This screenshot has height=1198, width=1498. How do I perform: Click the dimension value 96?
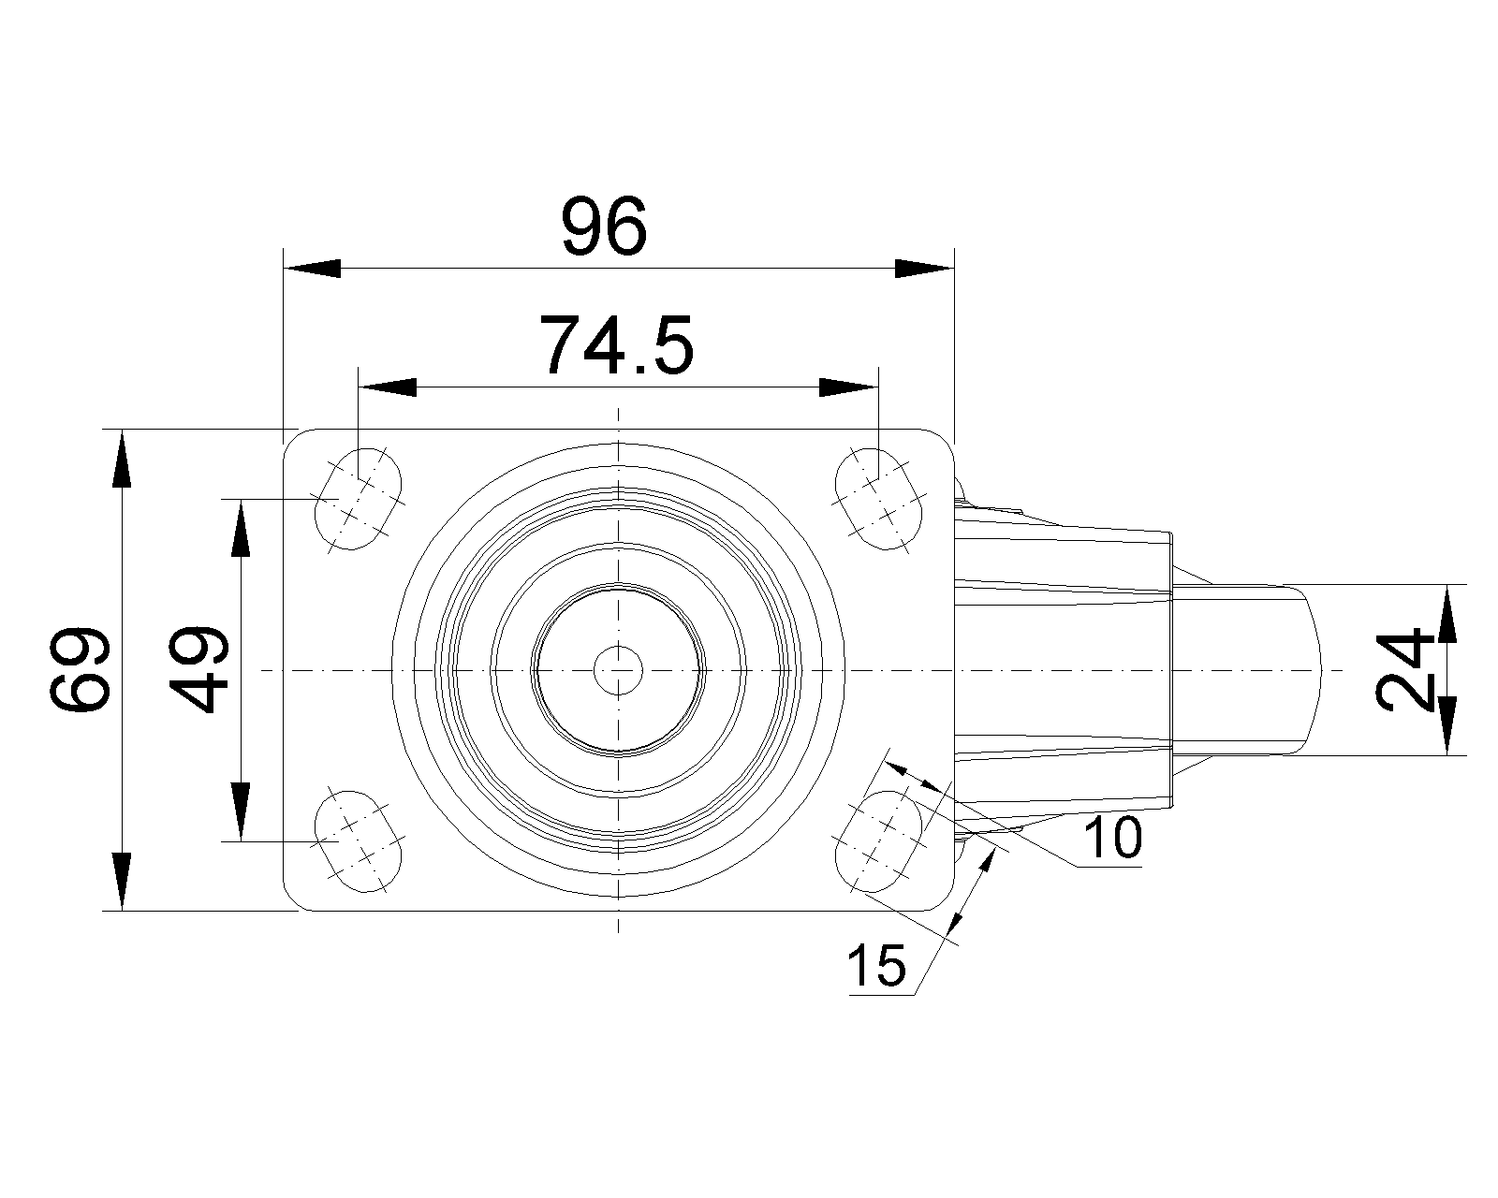point(604,226)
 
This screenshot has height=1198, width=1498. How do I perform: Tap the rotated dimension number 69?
point(80,669)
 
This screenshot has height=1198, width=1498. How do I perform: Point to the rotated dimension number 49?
point(198,669)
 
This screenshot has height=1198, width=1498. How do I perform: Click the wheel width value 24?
point(1404,670)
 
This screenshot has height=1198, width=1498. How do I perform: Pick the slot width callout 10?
point(1113,838)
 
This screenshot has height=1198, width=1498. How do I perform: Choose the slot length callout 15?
point(877,966)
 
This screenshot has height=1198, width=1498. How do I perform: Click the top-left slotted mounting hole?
point(359,499)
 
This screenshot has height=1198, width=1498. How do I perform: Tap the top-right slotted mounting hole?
point(878,499)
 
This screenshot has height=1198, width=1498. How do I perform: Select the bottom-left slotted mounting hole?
point(359,840)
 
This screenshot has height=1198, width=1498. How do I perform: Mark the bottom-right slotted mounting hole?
point(878,840)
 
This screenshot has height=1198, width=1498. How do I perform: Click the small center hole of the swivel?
point(618,670)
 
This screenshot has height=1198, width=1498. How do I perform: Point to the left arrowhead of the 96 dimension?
point(312,268)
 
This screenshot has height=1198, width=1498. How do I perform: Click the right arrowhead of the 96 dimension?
point(924,268)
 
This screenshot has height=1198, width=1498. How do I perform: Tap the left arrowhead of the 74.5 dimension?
point(387,387)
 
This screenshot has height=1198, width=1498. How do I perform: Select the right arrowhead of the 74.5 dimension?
point(848,387)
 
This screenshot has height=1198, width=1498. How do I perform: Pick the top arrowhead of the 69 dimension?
point(122,459)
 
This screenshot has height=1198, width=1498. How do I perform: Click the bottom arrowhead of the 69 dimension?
point(122,882)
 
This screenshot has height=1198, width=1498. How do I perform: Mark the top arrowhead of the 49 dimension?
point(241,529)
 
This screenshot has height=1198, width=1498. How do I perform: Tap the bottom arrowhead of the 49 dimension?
point(241,811)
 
